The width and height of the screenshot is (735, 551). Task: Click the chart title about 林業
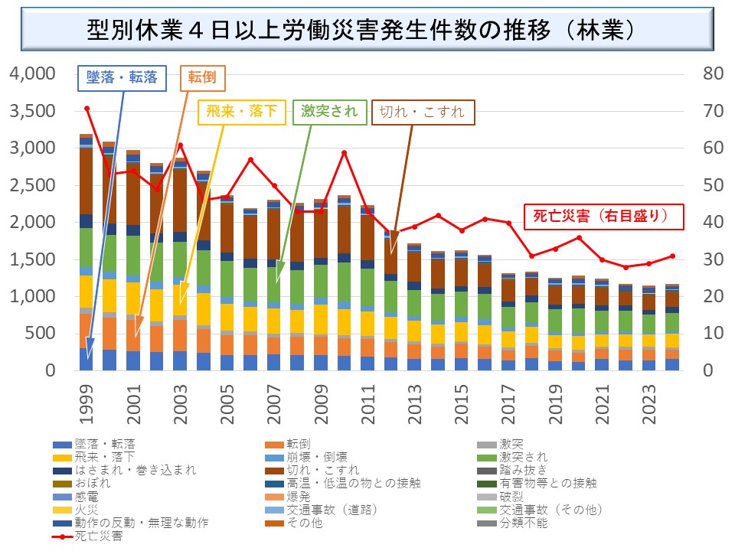tap(367, 31)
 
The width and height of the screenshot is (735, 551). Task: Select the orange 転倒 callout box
tap(203, 77)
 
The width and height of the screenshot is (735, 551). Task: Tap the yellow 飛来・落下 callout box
tap(240, 112)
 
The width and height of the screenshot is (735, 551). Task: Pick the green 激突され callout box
tap(329, 112)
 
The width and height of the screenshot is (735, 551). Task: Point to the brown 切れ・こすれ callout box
tap(423, 112)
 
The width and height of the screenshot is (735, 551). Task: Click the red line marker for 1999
tap(87, 108)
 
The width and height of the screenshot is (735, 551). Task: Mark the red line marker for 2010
tap(344, 152)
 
